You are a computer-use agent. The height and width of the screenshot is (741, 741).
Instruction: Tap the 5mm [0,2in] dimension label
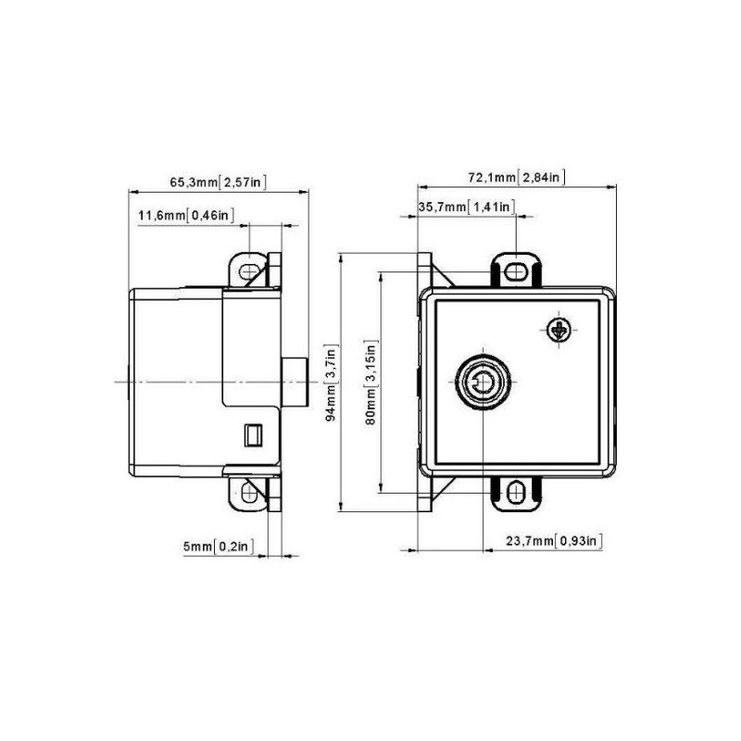(x=218, y=546)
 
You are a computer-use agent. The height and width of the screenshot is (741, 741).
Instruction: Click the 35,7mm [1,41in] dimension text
(x=466, y=207)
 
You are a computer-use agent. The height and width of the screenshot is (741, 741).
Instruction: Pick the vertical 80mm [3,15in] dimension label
(x=370, y=382)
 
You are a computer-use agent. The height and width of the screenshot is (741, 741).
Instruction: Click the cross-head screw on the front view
(x=559, y=329)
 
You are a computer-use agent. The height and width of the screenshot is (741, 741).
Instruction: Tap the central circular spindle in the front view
(x=481, y=382)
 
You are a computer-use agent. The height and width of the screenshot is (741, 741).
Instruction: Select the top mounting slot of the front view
(x=516, y=270)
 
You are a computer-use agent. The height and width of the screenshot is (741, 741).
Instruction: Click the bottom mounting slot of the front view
(x=516, y=491)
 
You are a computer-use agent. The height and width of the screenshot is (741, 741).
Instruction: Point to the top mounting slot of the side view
(x=248, y=271)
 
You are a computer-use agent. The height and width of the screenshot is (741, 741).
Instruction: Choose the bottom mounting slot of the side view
(x=248, y=491)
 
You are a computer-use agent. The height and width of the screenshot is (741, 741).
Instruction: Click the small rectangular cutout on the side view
(x=251, y=433)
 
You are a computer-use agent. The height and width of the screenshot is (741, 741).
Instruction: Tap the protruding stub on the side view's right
(x=294, y=382)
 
